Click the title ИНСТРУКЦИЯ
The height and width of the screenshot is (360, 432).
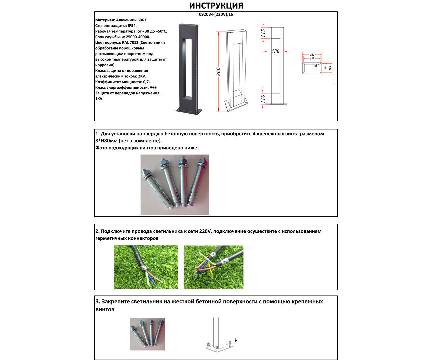[x=216, y=6]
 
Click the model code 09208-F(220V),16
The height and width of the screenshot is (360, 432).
[x=216, y=14]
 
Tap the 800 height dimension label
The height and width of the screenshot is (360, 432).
[x=219, y=72]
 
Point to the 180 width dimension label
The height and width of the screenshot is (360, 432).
[x=276, y=51]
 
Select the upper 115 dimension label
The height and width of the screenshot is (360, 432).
[x=263, y=33]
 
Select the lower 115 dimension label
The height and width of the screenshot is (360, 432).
[x=263, y=99]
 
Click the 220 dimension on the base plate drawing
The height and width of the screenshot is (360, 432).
[x=312, y=55]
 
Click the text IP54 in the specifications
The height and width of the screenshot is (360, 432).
[x=132, y=26]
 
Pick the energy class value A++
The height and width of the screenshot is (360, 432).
[x=153, y=88]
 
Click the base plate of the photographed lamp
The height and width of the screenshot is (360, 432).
[x=189, y=110]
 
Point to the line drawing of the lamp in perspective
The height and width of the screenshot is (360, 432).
[x=237, y=70]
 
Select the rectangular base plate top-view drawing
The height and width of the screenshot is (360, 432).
[x=312, y=68]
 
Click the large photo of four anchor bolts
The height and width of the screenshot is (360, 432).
[x=175, y=185]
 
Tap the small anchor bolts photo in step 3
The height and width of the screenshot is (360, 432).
[x=147, y=334]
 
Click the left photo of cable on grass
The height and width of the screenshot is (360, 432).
[x=146, y=267]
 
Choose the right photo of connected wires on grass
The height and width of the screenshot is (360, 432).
[x=213, y=267]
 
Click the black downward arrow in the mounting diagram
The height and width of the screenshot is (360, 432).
[x=236, y=340]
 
